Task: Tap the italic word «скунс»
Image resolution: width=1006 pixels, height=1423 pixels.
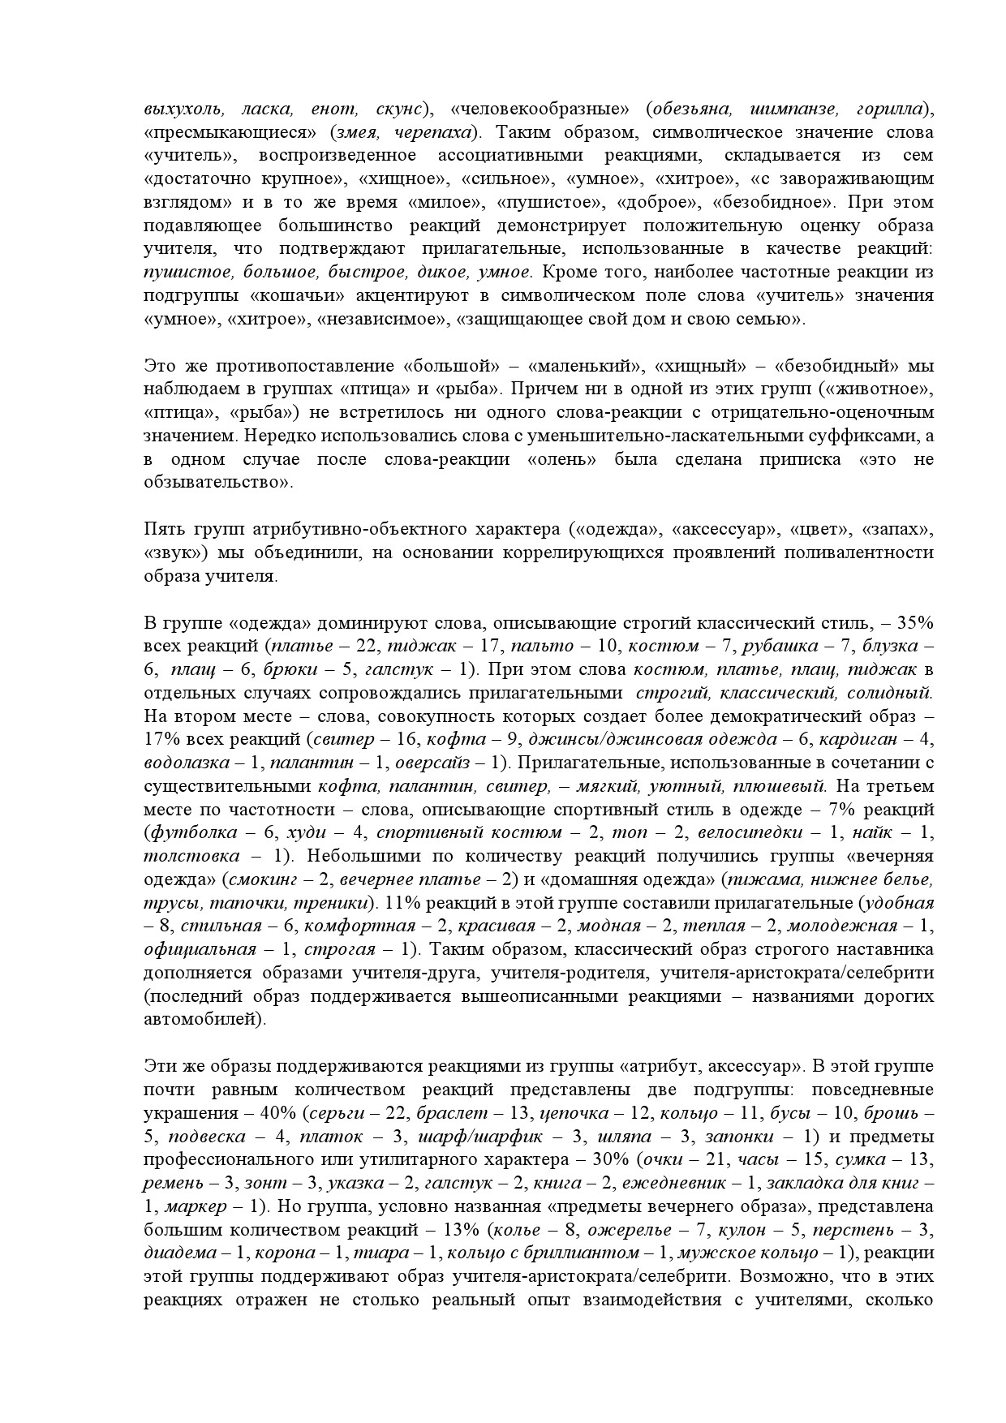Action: [x=399, y=109]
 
